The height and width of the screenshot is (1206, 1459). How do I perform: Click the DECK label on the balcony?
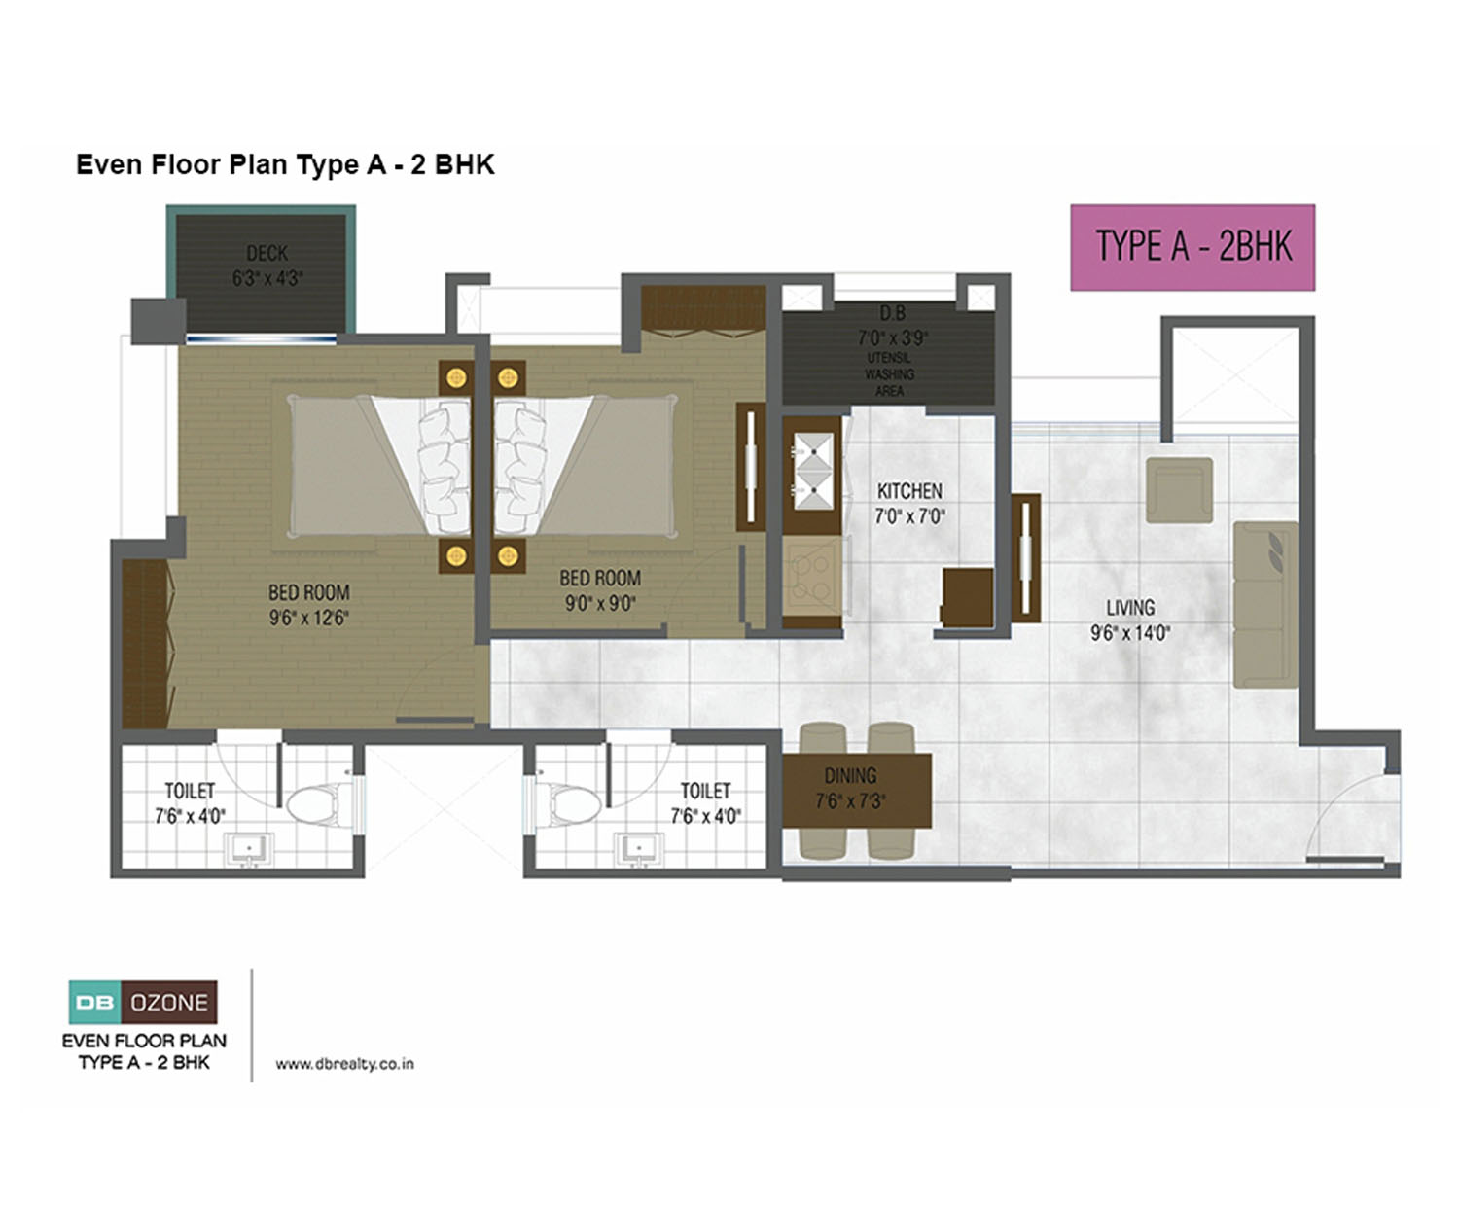[x=267, y=252]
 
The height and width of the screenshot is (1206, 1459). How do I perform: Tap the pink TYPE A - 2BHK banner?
[x=1192, y=247]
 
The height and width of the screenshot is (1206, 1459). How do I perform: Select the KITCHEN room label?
[x=909, y=490]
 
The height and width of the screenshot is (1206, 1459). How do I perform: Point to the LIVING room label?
[x=1130, y=607]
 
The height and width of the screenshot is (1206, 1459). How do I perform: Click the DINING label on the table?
[x=850, y=775]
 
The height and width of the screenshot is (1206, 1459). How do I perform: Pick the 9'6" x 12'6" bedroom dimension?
[x=309, y=618]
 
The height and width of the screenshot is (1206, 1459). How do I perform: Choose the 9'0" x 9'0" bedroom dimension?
[x=600, y=603]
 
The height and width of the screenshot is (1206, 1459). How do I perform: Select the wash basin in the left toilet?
[x=249, y=850]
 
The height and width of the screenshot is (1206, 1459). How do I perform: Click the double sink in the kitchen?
[x=813, y=471]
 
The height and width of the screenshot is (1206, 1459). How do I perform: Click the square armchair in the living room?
[x=1180, y=490]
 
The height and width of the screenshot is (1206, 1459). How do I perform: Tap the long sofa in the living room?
[x=1265, y=604]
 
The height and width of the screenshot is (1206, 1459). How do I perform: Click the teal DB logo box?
[x=95, y=1002]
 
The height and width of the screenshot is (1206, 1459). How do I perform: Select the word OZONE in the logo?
[x=169, y=1002]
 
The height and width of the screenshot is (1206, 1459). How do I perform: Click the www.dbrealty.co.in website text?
[x=344, y=1063]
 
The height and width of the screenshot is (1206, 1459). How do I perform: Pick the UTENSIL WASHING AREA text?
[x=890, y=374]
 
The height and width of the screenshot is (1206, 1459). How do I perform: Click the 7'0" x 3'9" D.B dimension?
[x=892, y=338]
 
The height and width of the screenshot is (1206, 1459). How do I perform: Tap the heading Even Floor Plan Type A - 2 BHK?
[x=285, y=165]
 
